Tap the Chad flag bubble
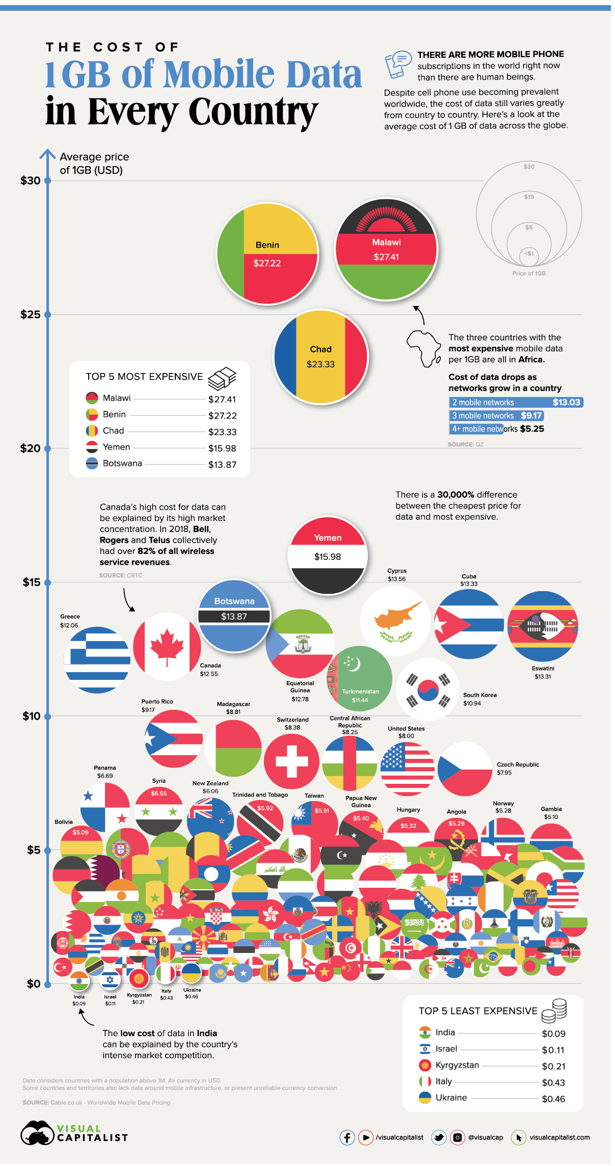tap(320, 356)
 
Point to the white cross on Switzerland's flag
tap(291, 761)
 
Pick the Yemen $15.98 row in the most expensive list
tap(161, 448)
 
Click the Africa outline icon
tap(423, 349)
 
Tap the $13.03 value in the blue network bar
tap(566, 402)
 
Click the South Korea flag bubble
tap(427, 689)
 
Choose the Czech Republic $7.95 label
tap(517, 768)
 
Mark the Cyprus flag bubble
tap(395, 621)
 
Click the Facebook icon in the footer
tap(347, 1137)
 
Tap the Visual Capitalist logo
tap(74, 1132)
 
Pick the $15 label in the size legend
tap(529, 197)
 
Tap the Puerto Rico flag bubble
tap(174, 738)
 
